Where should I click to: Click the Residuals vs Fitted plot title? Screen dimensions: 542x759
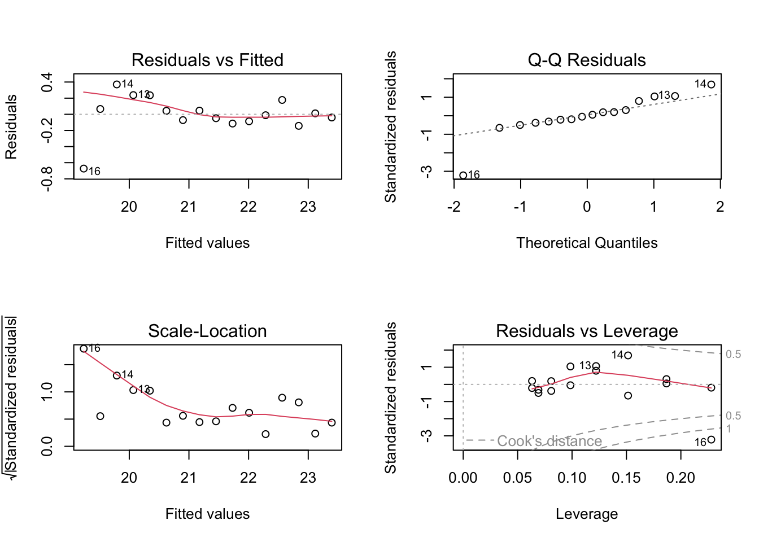pyautogui.click(x=207, y=60)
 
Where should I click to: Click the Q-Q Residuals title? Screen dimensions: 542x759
pyautogui.click(x=587, y=60)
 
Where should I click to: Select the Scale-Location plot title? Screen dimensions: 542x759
pyautogui.click(x=207, y=331)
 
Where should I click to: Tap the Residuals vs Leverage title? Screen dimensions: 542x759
pyautogui.click(x=587, y=331)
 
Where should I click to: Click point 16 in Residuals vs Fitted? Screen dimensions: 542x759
pyautogui.click(x=84, y=168)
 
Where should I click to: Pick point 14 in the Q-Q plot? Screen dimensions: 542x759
pyautogui.click(x=711, y=85)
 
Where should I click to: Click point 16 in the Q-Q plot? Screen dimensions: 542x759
pyautogui.click(x=463, y=176)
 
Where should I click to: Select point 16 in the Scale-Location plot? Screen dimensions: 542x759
pyautogui.click(x=84, y=349)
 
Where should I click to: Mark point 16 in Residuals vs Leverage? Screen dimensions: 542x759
pyautogui.click(x=711, y=440)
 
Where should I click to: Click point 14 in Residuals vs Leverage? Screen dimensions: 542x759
pyautogui.click(x=628, y=356)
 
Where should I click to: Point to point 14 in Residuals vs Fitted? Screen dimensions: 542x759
pyautogui.click(x=117, y=85)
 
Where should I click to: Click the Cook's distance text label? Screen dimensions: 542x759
pyautogui.click(x=549, y=441)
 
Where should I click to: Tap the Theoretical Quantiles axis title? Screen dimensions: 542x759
pyautogui.click(x=587, y=243)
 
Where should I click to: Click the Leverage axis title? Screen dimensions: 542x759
pyautogui.click(x=587, y=514)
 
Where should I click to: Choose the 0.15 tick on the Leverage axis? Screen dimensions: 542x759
pyautogui.click(x=626, y=478)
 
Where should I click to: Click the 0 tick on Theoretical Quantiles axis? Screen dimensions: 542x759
pyautogui.click(x=587, y=207)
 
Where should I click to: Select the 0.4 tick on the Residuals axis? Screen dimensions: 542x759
pyautogui.click(x=47, y=82)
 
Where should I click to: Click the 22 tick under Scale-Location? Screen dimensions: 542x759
pyautogui.click(x=248, y=478)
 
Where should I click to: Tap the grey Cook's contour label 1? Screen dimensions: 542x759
pyautogui.click(x=729, y=429)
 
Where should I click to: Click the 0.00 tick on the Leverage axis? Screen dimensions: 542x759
pyautogui.click(x=463, y=478)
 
